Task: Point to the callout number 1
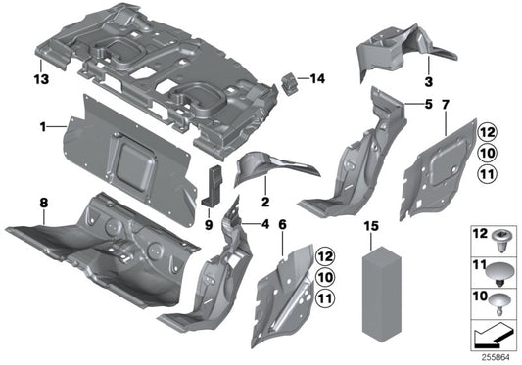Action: pyautogui.click(x=42, y=126)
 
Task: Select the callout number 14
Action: pyautogui.click(x=317, y=78)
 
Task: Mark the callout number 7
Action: pyautogui.click(x=447, y=104)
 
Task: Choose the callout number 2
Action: pyautogui.click(x=264, y=203)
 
